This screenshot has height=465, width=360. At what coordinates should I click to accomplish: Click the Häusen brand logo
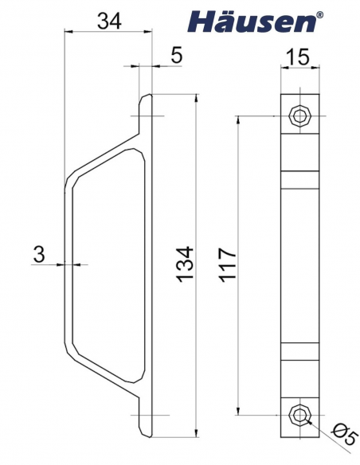[x=251, y=22]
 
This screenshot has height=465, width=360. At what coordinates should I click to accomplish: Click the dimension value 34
[x=108, y=21]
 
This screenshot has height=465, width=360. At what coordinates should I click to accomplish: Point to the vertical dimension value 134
[x=184, y=264]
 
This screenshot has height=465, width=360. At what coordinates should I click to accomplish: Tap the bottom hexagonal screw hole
[x=299, y=415]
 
